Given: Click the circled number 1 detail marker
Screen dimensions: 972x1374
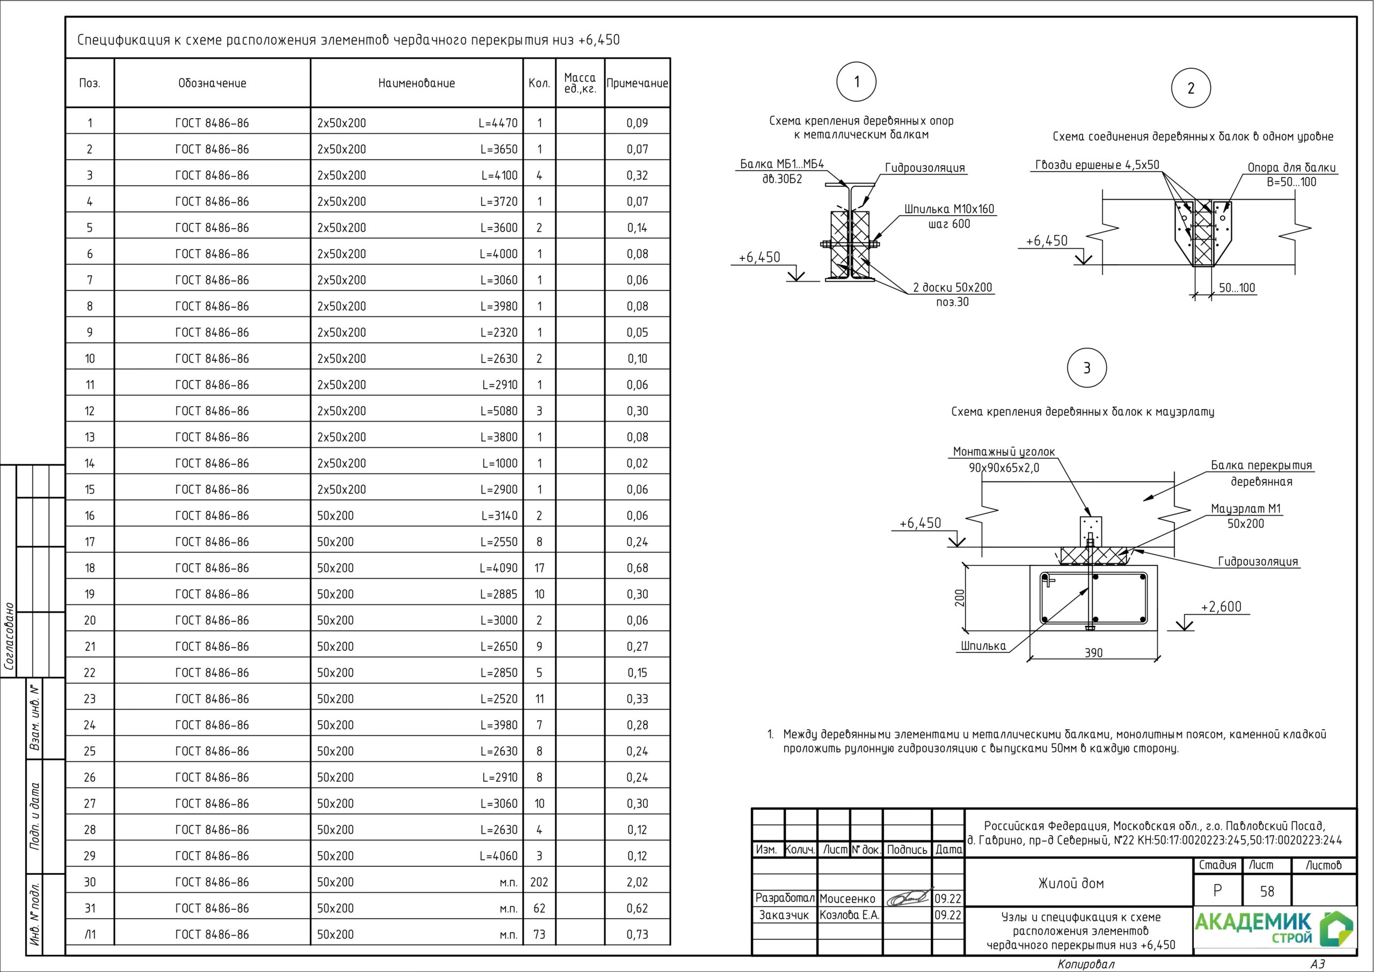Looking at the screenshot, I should point(857,82).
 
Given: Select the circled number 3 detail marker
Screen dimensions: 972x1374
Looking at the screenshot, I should point(1087,368).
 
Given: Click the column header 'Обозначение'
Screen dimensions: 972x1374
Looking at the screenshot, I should point(212,83).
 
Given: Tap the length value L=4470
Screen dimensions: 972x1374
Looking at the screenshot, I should point(498,124).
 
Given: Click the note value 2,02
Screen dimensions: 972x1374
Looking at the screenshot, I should point(637,882).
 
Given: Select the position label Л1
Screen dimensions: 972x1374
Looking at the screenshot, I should point(90,934).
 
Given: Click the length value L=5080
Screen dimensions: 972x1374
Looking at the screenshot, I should point(499,411).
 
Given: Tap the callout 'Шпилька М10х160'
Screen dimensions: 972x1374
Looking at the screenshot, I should point(949,209).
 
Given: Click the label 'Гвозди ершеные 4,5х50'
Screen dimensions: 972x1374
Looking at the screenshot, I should point(1097,165).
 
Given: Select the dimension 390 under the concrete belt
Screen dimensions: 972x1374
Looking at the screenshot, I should point(1093,653).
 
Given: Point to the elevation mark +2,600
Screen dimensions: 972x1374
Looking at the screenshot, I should point(1221,607).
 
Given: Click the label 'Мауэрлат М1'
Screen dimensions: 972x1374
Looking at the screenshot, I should point(1246,509).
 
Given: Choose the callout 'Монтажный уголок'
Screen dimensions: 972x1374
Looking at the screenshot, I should point(1004,452).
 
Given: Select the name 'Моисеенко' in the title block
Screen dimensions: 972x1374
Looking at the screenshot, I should point(847,898).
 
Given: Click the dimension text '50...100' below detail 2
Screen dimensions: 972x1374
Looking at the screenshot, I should point(1237,287).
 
